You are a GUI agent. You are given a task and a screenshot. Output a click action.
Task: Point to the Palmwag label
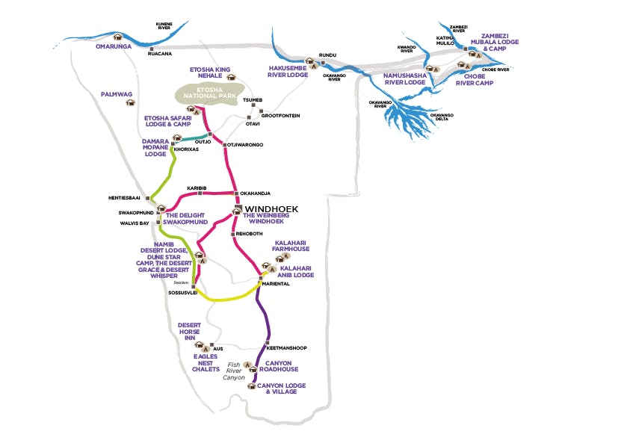point(116,94)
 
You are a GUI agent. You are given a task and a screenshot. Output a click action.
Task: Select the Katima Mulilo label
point(446,41)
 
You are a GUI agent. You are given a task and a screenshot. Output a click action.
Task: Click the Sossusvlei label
point(179,294)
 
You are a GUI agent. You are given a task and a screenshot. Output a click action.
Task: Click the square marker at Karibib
point(200,193)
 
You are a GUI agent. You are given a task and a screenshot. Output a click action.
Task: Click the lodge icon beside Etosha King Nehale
point(231,76)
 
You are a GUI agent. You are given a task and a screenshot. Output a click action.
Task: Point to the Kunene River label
point(164,26)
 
